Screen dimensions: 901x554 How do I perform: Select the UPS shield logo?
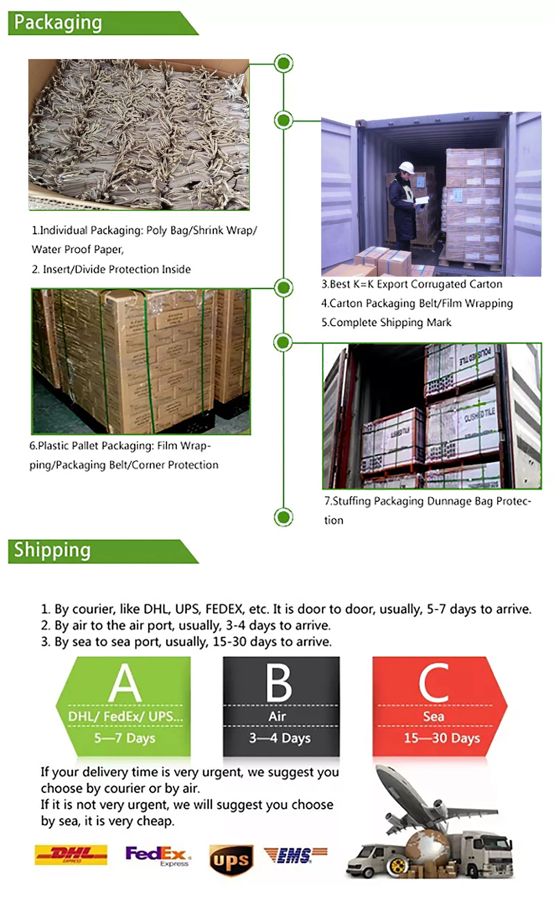click(x=231, y=860)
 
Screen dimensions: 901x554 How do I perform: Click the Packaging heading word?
click(x=58, y=22)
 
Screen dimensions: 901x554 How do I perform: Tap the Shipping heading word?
click(x=52, y=550)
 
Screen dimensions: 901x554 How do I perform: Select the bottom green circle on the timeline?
click(x=283, y=517)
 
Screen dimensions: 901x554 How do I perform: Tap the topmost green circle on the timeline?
click(x=284, y=63)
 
